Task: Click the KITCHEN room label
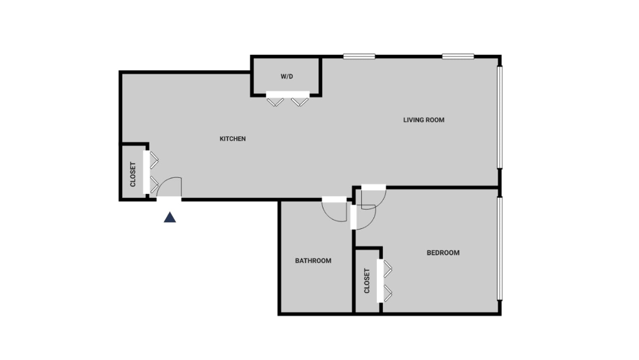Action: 232,139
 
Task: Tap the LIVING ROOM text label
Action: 424,120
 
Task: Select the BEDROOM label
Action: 443,253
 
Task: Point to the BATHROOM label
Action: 313,261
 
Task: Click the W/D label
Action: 287,76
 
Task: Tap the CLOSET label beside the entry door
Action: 133,174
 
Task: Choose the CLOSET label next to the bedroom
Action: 367,281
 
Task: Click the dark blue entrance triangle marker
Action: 170,217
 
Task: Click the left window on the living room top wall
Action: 359,56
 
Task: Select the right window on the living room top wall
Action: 458,56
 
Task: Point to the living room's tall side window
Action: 500,117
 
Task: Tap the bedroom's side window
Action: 500,249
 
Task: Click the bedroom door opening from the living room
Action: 373,187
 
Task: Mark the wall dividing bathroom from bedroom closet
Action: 354,281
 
